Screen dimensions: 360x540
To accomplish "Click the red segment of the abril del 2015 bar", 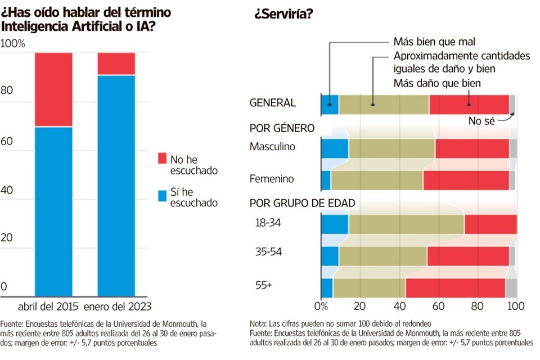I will (x=53, y=90).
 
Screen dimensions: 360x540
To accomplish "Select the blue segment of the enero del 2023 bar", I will (x=116, y=186).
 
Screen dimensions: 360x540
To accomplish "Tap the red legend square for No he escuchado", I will (x=163, y=159).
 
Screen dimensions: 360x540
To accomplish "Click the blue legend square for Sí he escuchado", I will (x=163, y=195).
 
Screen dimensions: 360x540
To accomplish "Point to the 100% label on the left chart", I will (x=13, y=43).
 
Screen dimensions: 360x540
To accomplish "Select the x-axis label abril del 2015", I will (x=49, y=307).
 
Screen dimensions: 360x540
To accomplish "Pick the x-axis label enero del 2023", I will (x=118, y=307).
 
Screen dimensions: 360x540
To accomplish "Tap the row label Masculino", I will (x=272, y=146).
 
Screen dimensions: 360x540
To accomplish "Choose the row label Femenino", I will (x=272, y=179).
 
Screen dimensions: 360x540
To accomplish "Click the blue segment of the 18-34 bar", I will (x=335, y=224).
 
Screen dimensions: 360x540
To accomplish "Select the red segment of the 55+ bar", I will (x=455, y=287).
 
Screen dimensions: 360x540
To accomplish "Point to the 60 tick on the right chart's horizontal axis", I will (x=438, y=307).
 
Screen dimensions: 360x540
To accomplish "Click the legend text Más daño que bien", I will (x=436, y=83).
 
